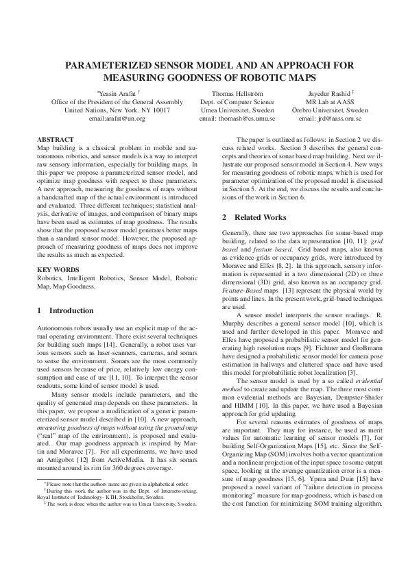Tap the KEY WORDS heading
click(x=56, y=269)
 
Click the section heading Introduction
click(x=72, y=310)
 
